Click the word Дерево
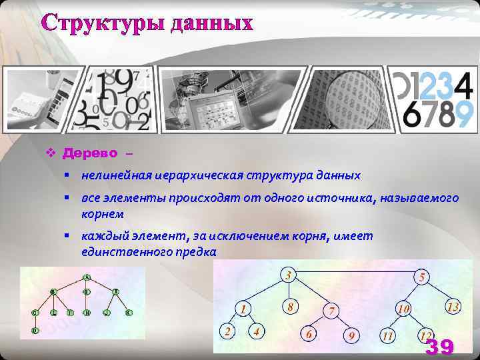click(x=89, y=153)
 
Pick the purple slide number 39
click(x=439, y=347)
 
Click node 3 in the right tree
click(x=287, y=275)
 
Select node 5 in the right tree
click(x=421, y=277)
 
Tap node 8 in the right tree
click(x=288, y=307)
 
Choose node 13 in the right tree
click(x=453, y=307)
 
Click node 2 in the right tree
click(x=228, y=331)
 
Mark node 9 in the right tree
click(x=351, y=335)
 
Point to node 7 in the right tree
click(x=331, y=311)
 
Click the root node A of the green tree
click(x=87, y=277)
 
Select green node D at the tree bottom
click(x=35, y=330)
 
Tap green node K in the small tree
click(x=129, y=312)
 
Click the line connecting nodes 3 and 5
click(x=353, y=273)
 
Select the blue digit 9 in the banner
click(x=463, y=115)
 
